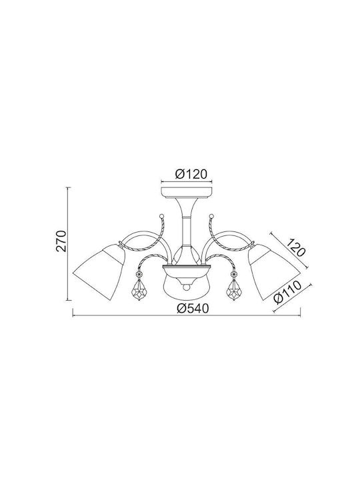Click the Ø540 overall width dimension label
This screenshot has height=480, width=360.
pos(193,309)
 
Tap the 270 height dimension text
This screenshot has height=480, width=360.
pos(61,241)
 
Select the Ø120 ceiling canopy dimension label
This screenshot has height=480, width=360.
pos(191,174)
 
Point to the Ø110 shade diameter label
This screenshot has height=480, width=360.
pos(287,293)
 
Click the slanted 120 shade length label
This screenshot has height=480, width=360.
pos(295,247)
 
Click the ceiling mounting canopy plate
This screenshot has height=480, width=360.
pos(187,193)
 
